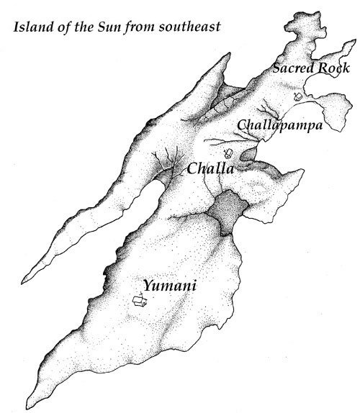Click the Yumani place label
[170, 286]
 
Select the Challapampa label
[279, 125]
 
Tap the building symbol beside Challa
[229, 153]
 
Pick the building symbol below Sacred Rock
[297, 96]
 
